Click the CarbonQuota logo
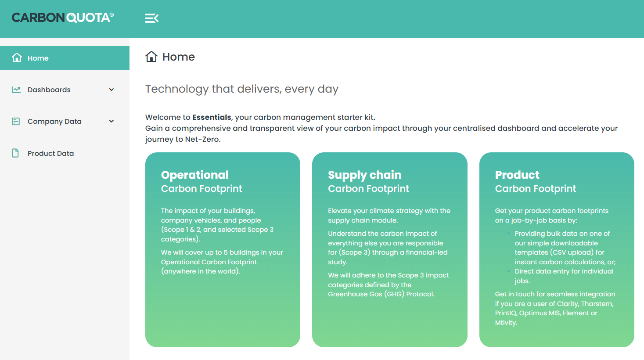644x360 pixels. tap(62, 18)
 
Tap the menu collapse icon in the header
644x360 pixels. tap(151, 18)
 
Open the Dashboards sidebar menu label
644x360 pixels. tap(49, 90)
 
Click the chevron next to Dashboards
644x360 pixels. tap(112, 90)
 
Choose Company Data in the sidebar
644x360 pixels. tap(54, 121)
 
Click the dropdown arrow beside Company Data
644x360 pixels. tap(112, 121)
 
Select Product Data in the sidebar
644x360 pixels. tap(50, 153)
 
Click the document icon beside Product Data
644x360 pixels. tap(15, 153)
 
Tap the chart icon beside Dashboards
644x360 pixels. tap(16, 90)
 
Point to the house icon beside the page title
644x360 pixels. tap(151, 57)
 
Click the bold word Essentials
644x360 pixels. tap(212, 117)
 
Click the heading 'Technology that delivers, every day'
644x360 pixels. tap(242, 89)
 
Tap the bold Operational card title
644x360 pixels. tap(194, 175)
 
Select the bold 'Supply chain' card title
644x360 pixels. tap(364, 175)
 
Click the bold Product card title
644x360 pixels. tap(517, 175)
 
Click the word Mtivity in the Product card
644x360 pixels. tap(506, 323)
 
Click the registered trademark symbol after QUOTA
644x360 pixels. tap(112, 14)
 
